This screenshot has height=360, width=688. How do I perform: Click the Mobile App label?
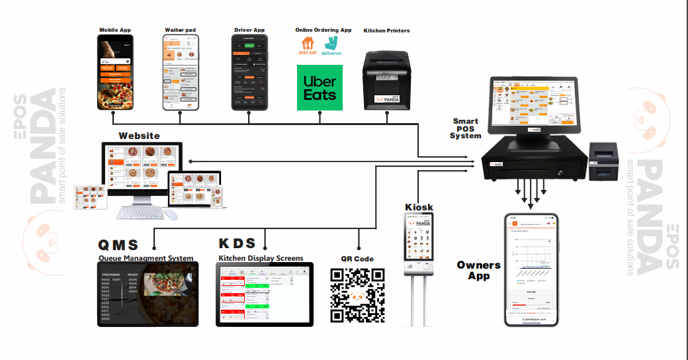(x=115, y=30)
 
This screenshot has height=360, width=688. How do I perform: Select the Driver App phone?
(x=250, y=73)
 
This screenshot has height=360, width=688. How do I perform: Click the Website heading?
(x=139, y=136)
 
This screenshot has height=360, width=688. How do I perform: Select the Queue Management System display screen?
(x=148, y=294)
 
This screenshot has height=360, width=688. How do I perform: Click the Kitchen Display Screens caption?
(x=261, y=257)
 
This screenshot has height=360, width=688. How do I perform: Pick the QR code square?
(x=357, y=294)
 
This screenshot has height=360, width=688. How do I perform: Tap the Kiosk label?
(x=419, y=207)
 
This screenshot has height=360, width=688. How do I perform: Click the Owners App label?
(x=479, y=270)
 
